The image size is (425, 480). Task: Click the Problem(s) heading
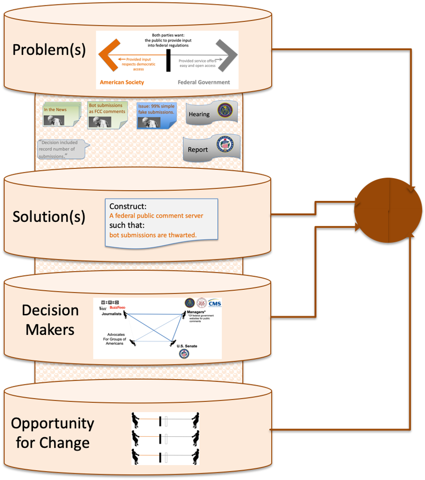[x=49, y=50]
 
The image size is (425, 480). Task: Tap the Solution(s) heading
[x=49, y=217]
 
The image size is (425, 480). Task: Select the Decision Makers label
[x=50, y=320]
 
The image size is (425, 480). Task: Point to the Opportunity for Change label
[x=52, y=433]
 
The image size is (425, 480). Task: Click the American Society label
[x=122, y=82]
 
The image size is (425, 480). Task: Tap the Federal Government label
[x=204, y=82]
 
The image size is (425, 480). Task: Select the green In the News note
[x=60, y=115]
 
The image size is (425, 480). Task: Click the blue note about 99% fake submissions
[x=156, y=116]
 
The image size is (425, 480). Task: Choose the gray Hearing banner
[x=211, y=113]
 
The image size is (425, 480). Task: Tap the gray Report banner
[x=211, y=149]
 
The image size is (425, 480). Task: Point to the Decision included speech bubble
[x=61, y=149]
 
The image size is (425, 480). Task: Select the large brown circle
[x=388, y=210]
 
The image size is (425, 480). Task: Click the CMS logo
[x=214, y=304]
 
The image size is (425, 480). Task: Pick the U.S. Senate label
[x=187, y=346]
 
